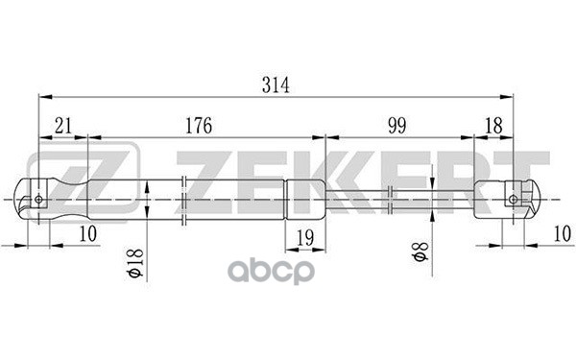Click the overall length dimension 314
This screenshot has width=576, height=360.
(275, 84)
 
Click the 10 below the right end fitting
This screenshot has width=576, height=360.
(562, 234)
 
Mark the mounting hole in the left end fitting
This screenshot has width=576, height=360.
(38, 200)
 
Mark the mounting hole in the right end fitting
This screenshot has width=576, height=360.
(514, 200)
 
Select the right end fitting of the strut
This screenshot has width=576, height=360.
(504, 200)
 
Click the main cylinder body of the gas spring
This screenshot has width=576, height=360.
(211, 200)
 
